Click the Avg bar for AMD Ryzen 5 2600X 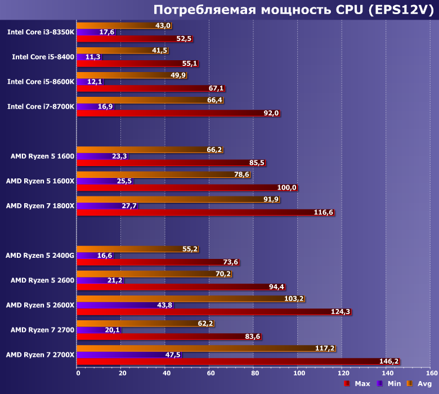(x=190, y=298)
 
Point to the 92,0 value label (x=271, y=113)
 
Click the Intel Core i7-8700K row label (x=41, y=106)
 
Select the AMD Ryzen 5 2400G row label (x=39, y=255)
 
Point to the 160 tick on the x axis (x=432, y=373)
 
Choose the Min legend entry (x=388, y=384)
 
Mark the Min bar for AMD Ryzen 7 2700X (x=129, y=355)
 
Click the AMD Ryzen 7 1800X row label (x=40, y=205)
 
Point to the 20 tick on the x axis (x=120, y=373)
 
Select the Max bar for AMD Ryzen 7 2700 (x=169, y=337)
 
